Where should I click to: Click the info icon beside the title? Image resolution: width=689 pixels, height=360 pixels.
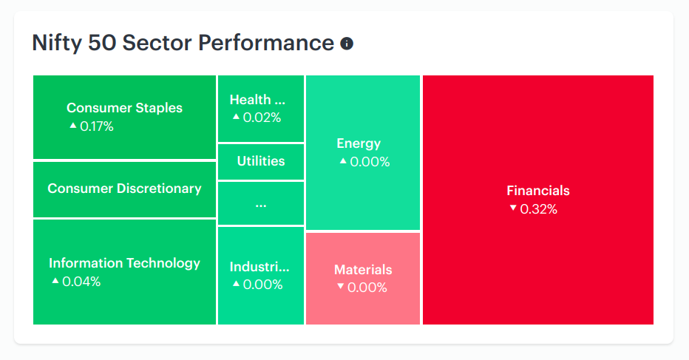(347, 44)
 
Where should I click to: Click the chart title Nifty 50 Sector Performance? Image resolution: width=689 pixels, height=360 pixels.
(183, 43)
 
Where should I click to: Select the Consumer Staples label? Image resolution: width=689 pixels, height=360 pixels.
(124, 108)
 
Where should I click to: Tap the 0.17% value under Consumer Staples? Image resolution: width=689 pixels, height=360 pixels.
(97, 126)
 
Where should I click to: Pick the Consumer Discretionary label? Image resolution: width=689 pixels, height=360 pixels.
(124, 189)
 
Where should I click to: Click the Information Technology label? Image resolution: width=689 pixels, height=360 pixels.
(124, 263)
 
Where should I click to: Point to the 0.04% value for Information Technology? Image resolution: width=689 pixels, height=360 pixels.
(81, 282)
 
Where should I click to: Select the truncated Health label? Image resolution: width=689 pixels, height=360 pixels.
(257, 100)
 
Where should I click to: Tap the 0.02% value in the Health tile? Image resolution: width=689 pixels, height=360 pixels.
(262, 118)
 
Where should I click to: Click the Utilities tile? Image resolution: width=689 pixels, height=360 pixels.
(261, 161)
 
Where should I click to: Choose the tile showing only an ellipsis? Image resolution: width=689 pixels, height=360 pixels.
(261, 203)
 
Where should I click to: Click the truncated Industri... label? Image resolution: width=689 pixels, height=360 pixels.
(259, 267)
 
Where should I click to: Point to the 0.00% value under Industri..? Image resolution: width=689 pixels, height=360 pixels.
(262, 285)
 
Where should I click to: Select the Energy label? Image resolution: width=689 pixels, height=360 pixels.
(359, 143)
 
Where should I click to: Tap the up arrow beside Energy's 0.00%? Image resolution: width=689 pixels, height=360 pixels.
(343, 161)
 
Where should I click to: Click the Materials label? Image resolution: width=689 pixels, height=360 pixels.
(363, 270)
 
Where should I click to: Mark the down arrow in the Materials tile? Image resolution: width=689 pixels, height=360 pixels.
(340, 287)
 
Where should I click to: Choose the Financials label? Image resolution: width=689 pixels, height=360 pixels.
(538, 191)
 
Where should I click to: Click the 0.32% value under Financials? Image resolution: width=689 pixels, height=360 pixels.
(539, 209)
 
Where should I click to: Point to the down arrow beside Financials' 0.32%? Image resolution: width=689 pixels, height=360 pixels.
(513, 208)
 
